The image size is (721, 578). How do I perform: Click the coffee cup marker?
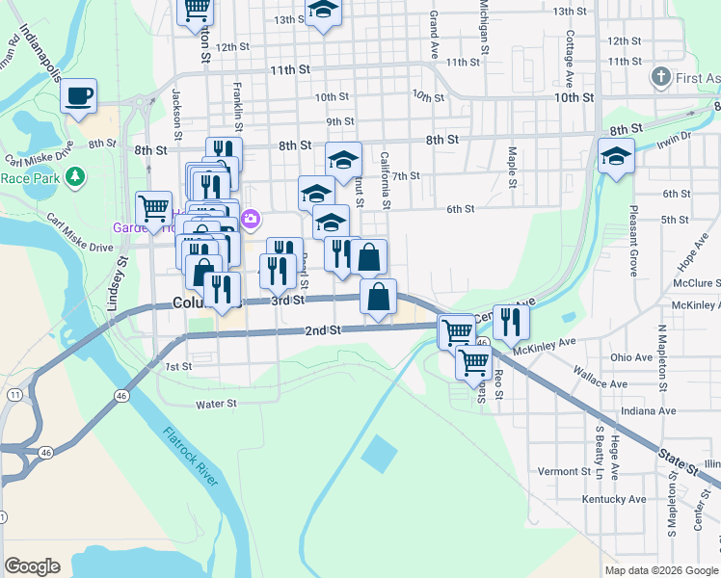[79, 96]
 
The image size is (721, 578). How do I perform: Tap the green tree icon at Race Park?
[73, 177]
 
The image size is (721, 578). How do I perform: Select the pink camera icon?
[251, 219]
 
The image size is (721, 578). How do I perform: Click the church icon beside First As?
[660, 76]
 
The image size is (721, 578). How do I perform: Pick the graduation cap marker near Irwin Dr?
[615, 157]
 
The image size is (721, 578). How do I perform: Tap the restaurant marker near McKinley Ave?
[511, 321]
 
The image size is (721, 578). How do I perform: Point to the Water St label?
[217, 404]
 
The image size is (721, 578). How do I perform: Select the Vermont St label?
[564, 471]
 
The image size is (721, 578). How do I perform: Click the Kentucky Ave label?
[614, 499]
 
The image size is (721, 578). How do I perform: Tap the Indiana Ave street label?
[648, 410]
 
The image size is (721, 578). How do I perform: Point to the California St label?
[385, 179]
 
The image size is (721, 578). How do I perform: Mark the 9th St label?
[340, 121]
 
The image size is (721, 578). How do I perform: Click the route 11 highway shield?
[14, 395]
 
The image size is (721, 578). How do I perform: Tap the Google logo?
[33, 565]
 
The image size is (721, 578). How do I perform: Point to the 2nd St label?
[323, 330]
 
